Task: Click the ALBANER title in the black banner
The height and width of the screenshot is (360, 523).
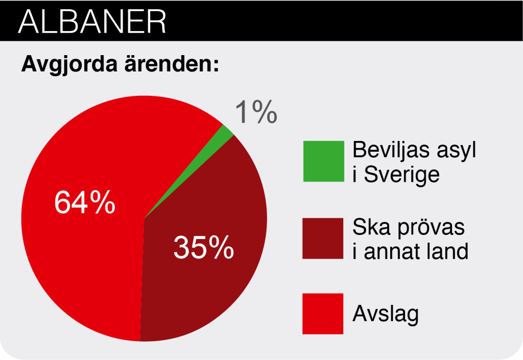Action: (x=92, y=21)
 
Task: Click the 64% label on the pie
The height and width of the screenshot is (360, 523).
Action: (x=85, y=202)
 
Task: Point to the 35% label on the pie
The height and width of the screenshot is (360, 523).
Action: (x=204, y=247)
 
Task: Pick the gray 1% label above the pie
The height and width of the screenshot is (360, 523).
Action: (x=256, y=112)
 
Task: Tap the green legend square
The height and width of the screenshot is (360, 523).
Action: (x=323, y=161)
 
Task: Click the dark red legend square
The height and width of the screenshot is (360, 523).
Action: (x=323, y=238)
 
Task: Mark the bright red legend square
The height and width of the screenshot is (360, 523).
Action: (x=323, y=314)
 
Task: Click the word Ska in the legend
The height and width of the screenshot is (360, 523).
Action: (x=372, y=227)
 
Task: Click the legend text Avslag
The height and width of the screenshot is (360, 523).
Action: (x=386, y=315)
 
